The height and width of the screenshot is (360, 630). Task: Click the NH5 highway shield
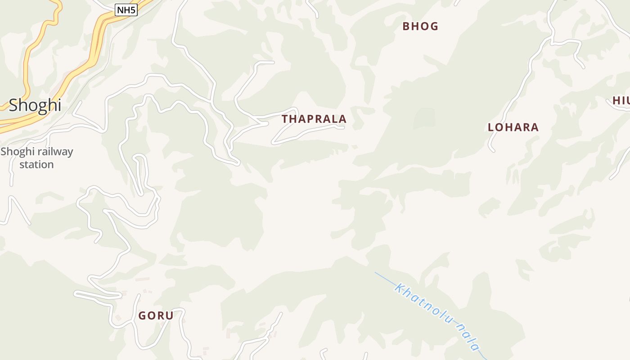126,10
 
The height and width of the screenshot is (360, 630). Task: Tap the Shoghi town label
35,105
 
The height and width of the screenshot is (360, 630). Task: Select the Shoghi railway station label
36,158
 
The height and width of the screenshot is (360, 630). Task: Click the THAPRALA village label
314,119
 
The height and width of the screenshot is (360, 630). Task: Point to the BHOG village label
420,26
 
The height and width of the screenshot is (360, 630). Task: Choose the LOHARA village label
513,127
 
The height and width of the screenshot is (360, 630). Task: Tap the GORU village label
156,316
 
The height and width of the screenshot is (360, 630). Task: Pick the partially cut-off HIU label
621,101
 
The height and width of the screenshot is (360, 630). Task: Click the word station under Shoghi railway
36,165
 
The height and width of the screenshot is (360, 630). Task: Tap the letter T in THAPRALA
285,119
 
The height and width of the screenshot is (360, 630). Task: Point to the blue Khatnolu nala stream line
382,276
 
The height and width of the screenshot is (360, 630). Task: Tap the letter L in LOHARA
491,127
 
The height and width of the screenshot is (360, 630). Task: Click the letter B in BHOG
406,26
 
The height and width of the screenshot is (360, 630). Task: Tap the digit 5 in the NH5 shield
133,10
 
